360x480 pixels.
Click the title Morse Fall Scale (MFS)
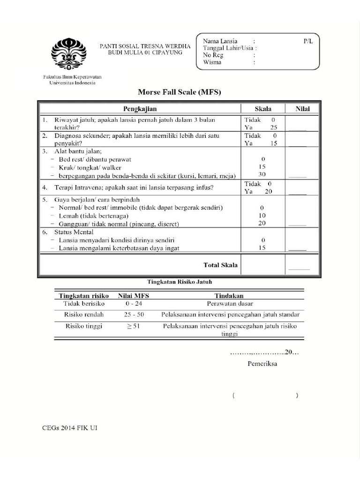(x=180, y=92)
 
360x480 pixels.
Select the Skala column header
(x=262, y=109)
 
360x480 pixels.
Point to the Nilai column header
(x=303, y=109)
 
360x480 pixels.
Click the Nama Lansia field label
(x=220, y=41)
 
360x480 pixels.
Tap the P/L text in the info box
(x=308, y=41)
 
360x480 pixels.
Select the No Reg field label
(x=212, y=55)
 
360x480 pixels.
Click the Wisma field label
(x=212, y=62)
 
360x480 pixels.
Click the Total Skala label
(x=220, y=265)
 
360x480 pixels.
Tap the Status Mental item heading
(x=74, y=232)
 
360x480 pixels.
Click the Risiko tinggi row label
(x=83, y=326)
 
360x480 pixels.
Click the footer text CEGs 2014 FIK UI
(x=70, y=427)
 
